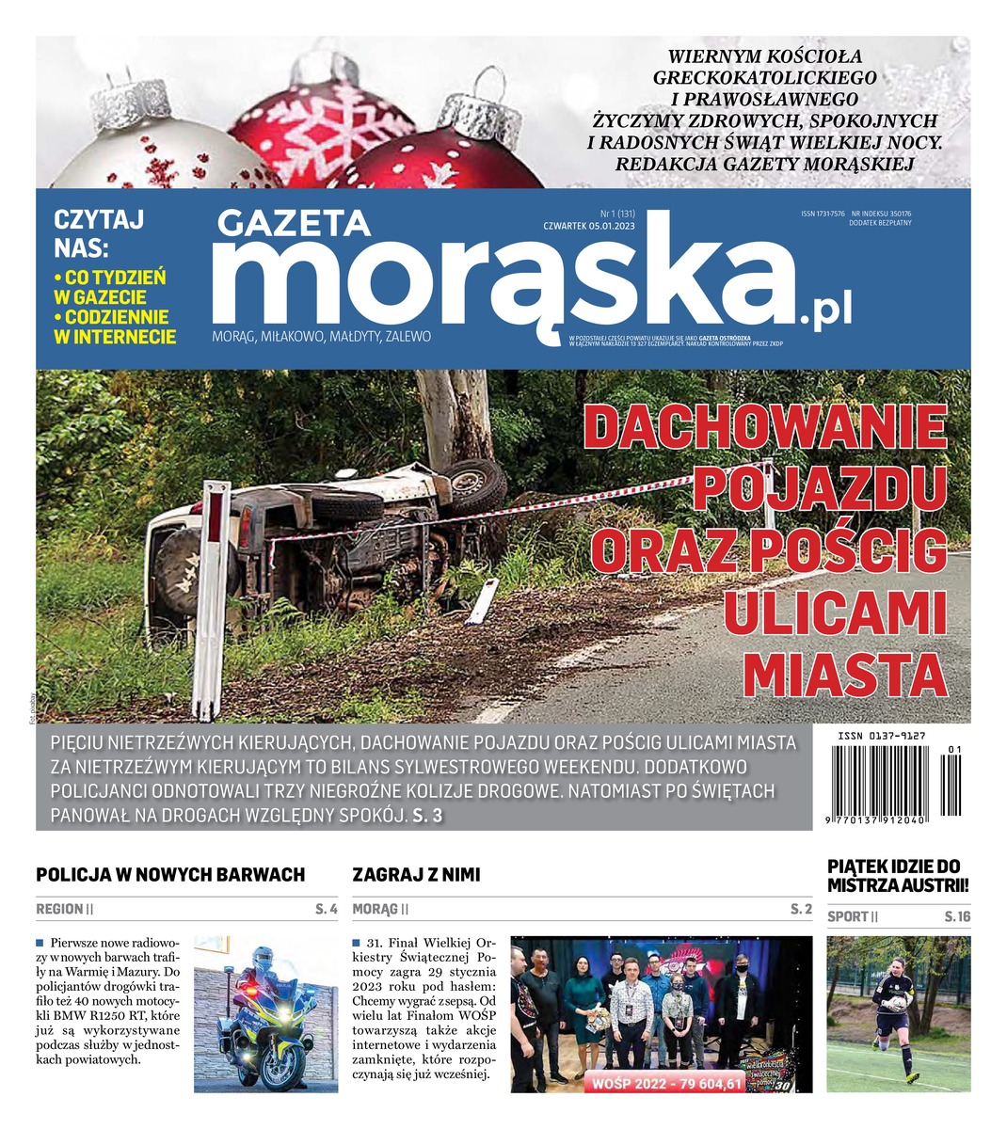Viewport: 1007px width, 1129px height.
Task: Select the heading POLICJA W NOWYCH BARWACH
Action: [x=170, y=875]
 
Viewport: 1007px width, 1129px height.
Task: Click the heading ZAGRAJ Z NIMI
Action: [x=416, y=875]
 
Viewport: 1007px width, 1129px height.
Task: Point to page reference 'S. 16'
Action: [x=957, y=916]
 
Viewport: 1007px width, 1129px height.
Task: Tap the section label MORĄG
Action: [x=375, y=910]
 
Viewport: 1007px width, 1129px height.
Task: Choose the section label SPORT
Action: [x=847, y=916]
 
